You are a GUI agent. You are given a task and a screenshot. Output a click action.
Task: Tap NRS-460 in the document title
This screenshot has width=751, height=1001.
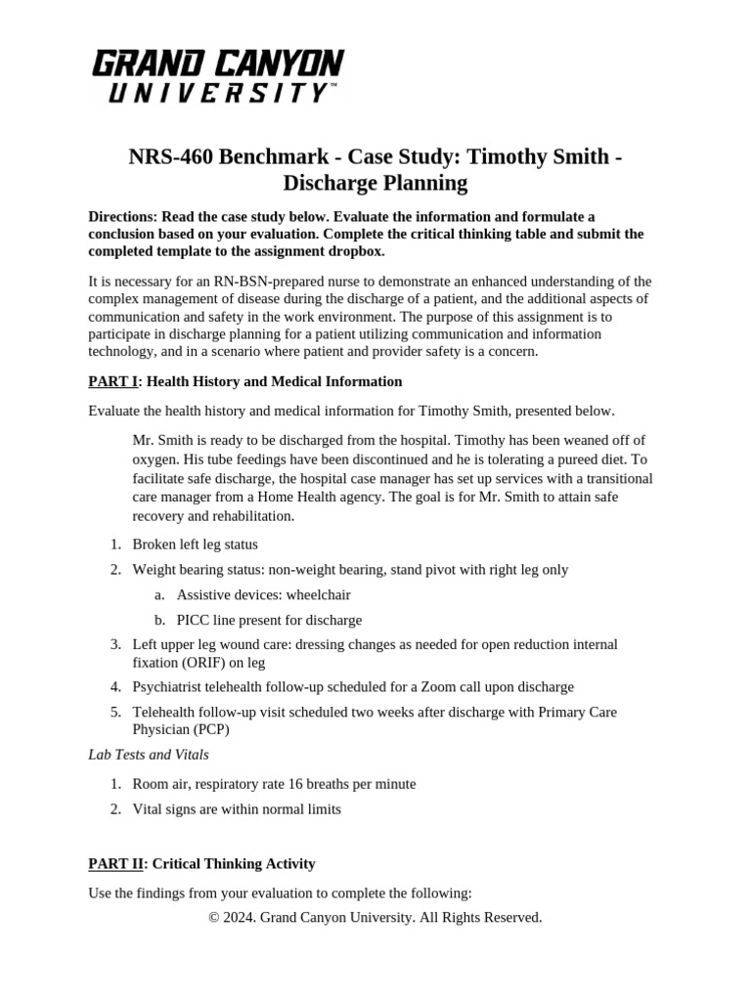pyautogui.click(x=172, y=157)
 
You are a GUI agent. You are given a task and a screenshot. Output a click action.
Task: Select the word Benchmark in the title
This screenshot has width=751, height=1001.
pyautogui.click(x=277, y=157)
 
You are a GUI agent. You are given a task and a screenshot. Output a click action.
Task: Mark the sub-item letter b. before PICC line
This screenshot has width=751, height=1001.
pyautogui.click(x=159, y=620)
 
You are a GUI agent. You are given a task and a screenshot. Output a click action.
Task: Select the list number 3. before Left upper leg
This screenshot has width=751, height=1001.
pyautogui.click(x=114, y=644)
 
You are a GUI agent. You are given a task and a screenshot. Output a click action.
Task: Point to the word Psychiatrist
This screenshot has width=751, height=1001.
pyautogui.click(x=170, y=687)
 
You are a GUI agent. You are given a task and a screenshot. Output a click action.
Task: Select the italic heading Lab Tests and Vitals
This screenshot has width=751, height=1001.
pyautogui.click(x=148, y=755)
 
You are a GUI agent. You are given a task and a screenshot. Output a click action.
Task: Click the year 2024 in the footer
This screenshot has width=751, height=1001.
pyautogui.click(x=242, y=917)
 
